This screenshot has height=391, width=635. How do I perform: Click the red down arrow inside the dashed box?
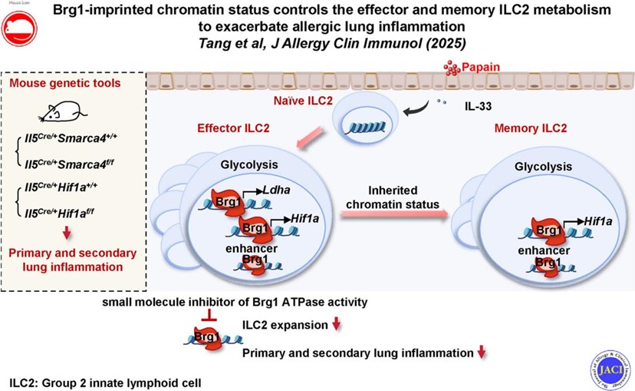tap(67, 234)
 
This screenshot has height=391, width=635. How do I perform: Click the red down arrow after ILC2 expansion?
tap(334, 326)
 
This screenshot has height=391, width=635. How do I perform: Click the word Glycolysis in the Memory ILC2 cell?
tap(543, 167)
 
